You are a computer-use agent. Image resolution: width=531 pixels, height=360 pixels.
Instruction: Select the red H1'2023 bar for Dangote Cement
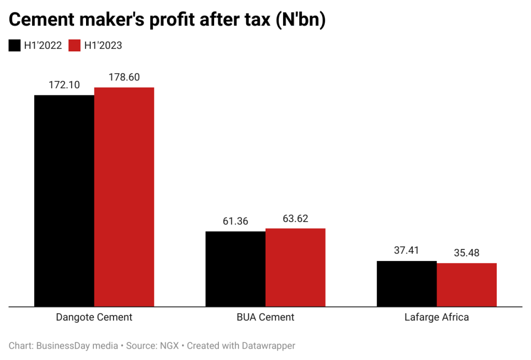[124, 197]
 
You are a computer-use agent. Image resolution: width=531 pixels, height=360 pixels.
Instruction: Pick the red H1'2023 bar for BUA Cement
[295, 267]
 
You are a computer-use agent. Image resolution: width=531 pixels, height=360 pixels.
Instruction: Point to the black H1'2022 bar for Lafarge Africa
[407, 284]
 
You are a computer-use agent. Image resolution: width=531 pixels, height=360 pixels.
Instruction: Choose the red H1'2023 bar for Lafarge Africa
[467, 285]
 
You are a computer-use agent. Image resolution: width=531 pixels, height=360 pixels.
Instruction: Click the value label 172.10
[64, 85]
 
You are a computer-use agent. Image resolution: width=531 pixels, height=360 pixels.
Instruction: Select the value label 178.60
[124, 77]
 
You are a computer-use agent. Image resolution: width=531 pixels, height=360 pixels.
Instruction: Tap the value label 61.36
[235, 221]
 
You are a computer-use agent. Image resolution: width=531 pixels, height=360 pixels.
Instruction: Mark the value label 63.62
[295, 218]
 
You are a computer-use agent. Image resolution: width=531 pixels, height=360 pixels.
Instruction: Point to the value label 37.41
[407, 251]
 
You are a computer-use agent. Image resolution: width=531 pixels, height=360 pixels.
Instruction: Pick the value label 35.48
[467, 253]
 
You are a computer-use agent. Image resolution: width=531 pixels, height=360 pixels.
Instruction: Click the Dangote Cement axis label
[94, 317]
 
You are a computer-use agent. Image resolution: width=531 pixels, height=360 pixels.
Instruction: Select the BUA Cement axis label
[265, 317]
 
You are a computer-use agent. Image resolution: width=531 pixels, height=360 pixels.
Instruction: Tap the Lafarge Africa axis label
[437, 317]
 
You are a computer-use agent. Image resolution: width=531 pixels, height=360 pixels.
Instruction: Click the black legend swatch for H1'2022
[15, 46]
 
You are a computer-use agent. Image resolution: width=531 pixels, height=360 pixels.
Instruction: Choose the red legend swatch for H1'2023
[75, 46]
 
